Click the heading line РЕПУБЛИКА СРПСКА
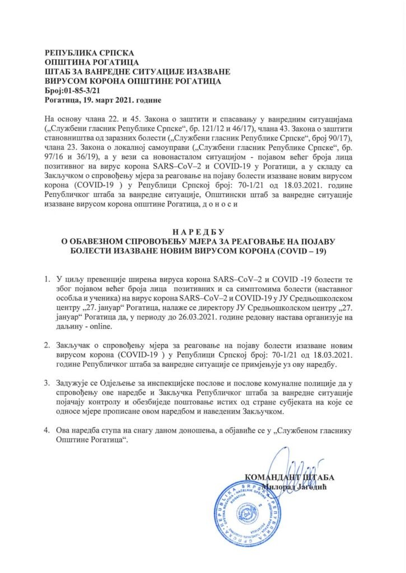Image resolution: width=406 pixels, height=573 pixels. (x=83, y=50)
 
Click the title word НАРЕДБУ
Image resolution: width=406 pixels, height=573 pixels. (x=202, y=232)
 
